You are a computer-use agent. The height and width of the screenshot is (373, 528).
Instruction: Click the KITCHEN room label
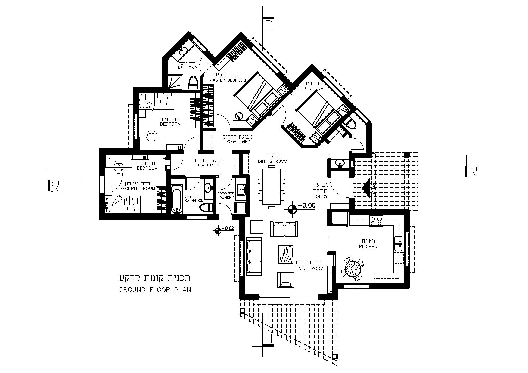click(368, 247)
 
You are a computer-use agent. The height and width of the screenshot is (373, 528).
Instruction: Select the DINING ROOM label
click(273, 161)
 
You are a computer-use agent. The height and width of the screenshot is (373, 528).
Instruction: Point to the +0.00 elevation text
click(306, 206)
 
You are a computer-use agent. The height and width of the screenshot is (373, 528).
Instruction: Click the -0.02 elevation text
click(228, 228)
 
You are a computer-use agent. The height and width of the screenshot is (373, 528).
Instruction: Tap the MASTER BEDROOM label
click(228, 80)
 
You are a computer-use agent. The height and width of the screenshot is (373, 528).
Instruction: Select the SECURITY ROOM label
click(137, 189)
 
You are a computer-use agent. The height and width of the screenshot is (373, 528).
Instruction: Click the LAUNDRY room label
click(225, 197)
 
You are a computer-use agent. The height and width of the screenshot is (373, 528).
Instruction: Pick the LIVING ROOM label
click(309, 269)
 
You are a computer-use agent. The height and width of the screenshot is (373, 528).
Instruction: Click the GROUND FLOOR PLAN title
click(155, 290)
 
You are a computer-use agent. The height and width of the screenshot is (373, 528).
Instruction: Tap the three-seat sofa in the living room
click(254, 256)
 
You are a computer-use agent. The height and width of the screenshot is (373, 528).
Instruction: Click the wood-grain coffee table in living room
click(286, 254)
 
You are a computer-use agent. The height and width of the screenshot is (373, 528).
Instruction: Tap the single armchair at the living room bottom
click(285, 280)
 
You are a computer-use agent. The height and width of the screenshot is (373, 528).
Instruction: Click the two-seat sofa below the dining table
click(284, 229)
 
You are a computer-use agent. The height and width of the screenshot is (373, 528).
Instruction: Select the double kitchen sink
click(398, 244)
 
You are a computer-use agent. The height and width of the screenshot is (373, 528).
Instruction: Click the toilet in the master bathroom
click(193, 83)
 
